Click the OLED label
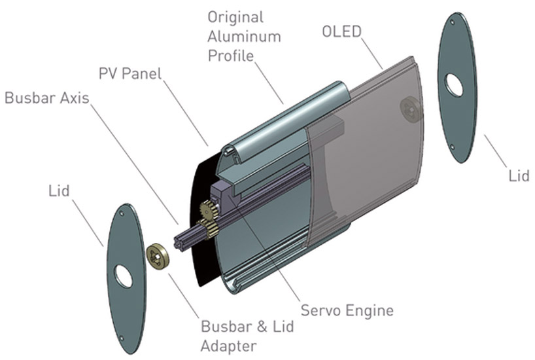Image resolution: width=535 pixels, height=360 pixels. coord(341,31)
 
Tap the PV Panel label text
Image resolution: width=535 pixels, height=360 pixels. coord(130,73)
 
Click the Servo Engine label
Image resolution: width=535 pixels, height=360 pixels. coord(347,310)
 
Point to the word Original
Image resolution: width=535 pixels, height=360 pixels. coord(235,16)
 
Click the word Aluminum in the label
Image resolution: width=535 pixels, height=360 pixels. coord(244,35)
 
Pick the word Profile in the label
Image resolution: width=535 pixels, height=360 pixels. coord(230,55)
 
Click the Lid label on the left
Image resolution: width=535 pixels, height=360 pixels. coord(60,190)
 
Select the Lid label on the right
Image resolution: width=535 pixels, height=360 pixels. coord(519,176)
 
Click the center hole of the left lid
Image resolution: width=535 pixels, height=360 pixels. coord(123,277)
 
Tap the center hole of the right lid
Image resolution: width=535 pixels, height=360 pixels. coord(453,84)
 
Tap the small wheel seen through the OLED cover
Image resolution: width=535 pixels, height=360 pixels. coord(410,107)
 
